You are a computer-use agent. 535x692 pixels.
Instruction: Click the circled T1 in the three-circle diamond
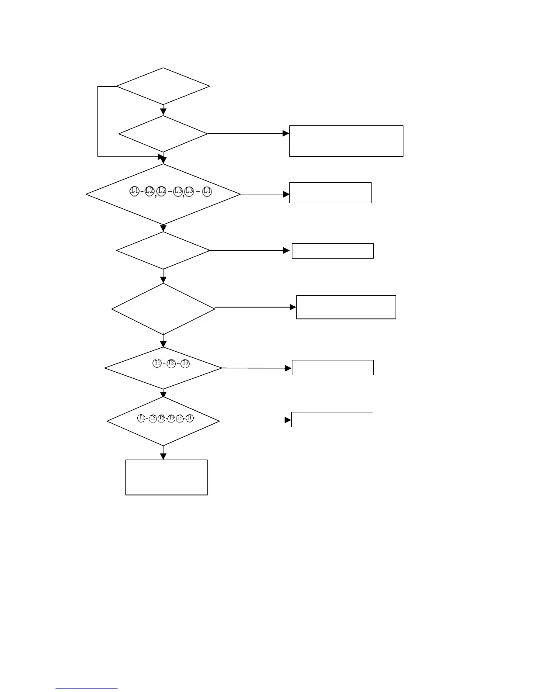[157, 363]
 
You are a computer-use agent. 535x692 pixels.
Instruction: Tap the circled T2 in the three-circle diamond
[171, 363]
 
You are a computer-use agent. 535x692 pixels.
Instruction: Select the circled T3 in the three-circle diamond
[185, 363]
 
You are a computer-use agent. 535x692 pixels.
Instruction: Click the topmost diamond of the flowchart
[163, 86]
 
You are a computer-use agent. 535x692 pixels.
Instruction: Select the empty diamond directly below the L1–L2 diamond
[163, 250]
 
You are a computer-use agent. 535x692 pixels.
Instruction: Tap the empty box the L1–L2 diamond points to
[330, 193]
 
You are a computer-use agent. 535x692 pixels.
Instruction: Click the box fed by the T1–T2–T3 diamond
[333, 368]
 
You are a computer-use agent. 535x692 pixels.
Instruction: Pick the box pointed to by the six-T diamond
[332, 419]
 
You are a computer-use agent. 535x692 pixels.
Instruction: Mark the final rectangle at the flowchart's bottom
[166, 477]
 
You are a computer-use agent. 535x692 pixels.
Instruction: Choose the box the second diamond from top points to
[346, 141]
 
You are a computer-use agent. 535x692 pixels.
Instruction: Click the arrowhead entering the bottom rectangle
[163, 457]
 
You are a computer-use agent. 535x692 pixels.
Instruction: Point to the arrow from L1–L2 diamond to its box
[264, 194]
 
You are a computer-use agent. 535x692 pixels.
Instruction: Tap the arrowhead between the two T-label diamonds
[163, 395]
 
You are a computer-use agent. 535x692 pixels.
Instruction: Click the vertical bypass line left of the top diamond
[97, 121]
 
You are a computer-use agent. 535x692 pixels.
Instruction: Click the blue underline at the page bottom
[87, 689]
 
